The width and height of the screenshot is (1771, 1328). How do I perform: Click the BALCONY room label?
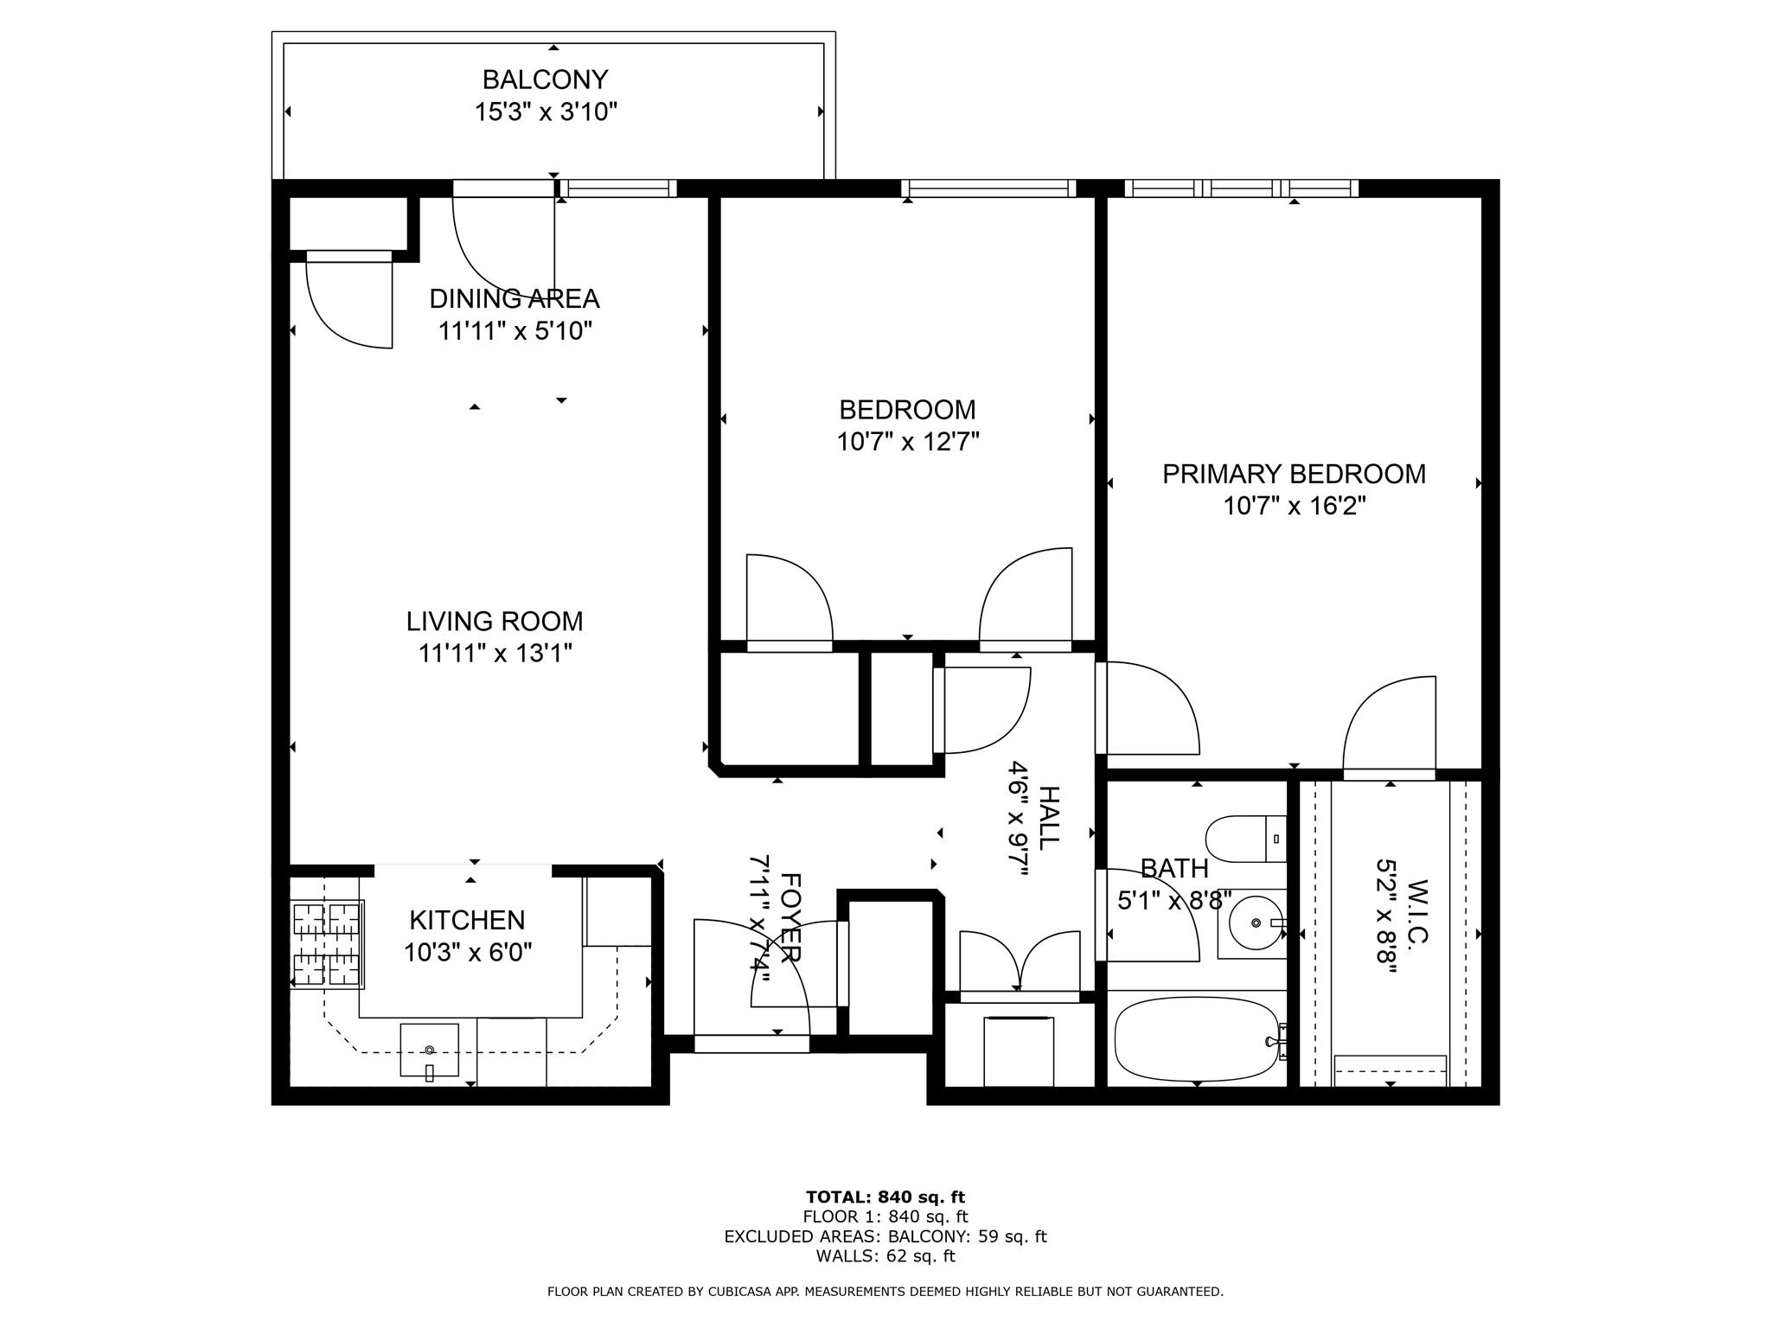545,80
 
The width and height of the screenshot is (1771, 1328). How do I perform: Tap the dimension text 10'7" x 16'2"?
1294,506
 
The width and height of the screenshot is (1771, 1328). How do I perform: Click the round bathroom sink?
1255,923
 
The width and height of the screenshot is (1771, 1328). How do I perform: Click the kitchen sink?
429,1050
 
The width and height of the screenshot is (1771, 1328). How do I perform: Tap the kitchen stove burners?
327,944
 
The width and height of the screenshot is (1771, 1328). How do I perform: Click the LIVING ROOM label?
495,622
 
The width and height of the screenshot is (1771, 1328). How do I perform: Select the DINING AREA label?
515,299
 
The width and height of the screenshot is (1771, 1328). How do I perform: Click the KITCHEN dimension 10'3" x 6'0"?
467,953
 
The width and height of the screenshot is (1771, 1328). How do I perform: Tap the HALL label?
1048,818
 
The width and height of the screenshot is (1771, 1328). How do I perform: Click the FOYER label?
790,918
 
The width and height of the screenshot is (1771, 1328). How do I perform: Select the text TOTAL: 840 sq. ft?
885,1197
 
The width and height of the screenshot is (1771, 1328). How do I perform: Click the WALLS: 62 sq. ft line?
885,1256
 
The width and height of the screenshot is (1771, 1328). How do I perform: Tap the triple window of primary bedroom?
1241,188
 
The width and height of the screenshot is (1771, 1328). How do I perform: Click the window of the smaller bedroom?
988,188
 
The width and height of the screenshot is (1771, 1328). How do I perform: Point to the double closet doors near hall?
1020,964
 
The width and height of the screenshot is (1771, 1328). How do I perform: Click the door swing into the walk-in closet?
1389,726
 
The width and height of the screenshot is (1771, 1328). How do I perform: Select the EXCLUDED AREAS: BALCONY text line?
885,1236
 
